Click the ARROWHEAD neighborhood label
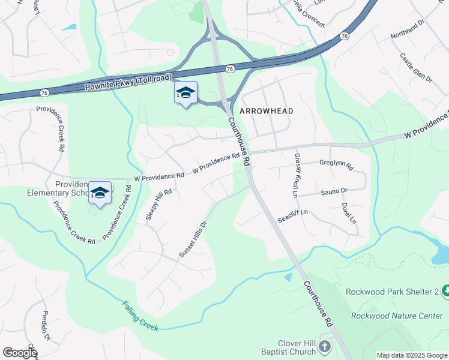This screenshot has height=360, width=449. (x=267, y=112)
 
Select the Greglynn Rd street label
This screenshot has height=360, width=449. (x=336, y=163)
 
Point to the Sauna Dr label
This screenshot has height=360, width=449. (x=334, y=191)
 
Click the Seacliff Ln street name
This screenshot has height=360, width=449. (x=292, y=216)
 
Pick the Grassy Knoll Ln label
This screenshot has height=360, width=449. (x=295, y=175)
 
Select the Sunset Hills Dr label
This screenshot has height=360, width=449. (x=193, y=239)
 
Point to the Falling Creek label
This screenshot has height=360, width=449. (x=140, y=316)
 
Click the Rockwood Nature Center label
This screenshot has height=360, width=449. (x=397, y=316)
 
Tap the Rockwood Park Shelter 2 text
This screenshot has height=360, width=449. (x=393, y=292)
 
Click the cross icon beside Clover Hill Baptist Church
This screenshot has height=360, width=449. (x=324, y=347)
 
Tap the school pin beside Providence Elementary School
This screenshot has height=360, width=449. (x=100, y=193)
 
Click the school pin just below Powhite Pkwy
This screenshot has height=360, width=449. (x=185, y=93)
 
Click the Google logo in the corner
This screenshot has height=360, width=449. (x=20, y=353)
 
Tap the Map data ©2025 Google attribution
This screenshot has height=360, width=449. (x=411, y=355)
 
